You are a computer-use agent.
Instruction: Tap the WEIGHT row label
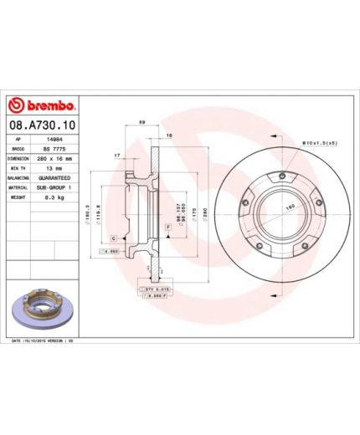(16, 198)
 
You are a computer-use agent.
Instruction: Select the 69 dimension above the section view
(142, 123)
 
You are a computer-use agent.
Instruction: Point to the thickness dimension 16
(168, 135)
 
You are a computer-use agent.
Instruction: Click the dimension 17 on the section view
(117, 155)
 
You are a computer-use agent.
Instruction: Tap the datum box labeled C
(112, 238)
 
